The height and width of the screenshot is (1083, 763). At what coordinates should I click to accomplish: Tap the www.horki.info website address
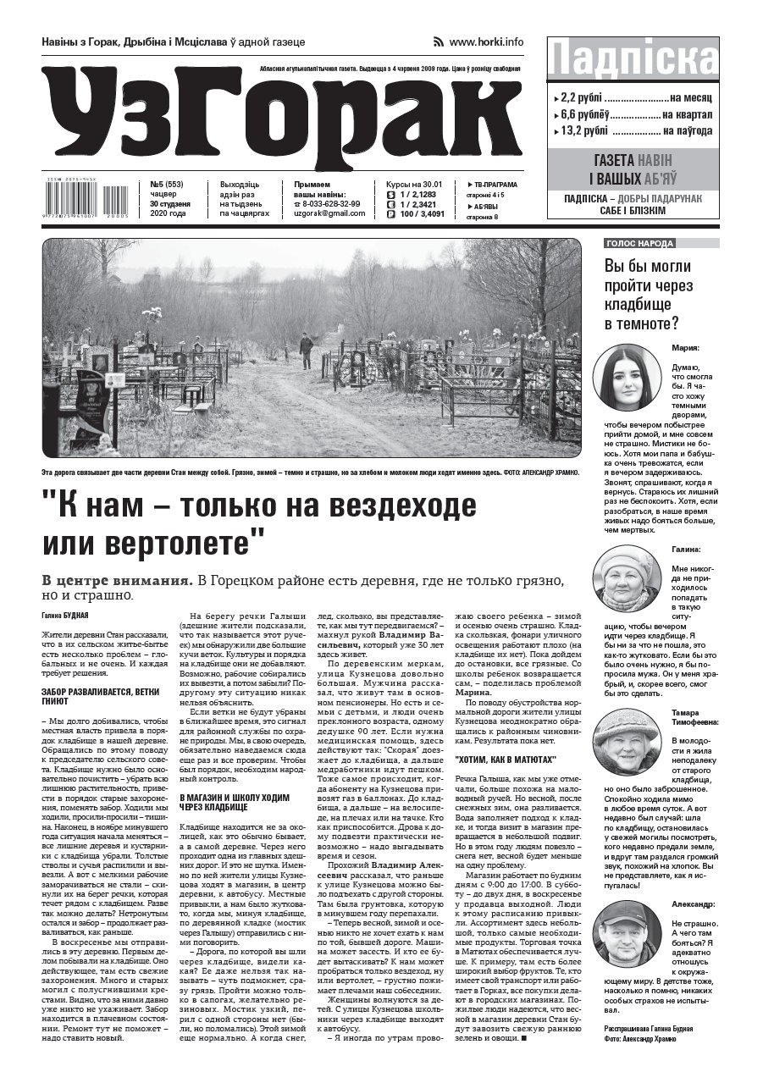[486, 41]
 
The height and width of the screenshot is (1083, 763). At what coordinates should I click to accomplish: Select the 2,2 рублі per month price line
[633, 97]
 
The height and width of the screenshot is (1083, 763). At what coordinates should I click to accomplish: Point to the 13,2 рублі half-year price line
[633, 130]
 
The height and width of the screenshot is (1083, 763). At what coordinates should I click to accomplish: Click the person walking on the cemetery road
[306, 350]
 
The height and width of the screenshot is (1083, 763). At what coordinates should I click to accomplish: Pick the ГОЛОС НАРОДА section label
[640, 244]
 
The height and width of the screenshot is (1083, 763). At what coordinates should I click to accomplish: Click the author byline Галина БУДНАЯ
[64, 614]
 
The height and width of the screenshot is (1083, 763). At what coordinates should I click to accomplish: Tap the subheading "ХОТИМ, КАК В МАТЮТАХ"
[506, 760]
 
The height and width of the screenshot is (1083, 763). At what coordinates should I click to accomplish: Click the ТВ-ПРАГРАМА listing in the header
[494, 185]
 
